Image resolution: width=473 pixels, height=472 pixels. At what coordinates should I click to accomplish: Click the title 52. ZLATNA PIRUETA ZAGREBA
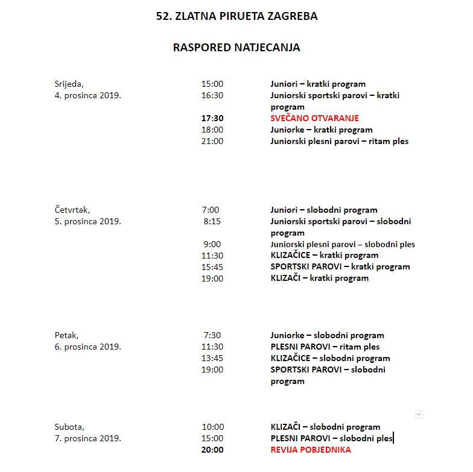pos(237,16)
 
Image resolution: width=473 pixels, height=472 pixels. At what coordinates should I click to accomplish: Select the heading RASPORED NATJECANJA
pos(237,47)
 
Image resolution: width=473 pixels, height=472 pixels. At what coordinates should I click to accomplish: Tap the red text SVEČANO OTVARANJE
pos(314,118)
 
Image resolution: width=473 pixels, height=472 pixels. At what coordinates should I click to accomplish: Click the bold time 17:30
pos(212,118)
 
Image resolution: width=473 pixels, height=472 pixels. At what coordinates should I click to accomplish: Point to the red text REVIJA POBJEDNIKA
pos(311,450)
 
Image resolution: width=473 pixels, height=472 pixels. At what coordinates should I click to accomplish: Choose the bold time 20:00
pos(212,450)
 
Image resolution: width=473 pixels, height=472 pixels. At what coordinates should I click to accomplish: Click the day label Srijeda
pos(69,84)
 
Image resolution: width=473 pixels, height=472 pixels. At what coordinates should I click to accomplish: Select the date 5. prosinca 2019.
pos(87,221)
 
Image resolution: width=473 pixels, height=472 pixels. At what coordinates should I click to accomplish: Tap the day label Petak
pos(66,335)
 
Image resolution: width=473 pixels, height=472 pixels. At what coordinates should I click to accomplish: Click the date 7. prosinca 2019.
pos(87,438)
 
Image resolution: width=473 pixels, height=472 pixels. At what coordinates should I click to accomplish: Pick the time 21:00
pos(212,141)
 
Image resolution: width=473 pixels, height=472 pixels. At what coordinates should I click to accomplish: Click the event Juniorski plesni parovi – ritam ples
pos(339,141)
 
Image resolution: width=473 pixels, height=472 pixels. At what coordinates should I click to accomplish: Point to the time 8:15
pos(212,221)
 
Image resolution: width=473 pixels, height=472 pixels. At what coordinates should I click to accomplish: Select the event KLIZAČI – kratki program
pos(319,278)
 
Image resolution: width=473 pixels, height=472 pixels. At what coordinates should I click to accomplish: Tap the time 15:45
pos(212,266)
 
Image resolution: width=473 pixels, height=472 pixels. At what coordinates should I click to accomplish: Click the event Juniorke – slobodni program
pos(327,335)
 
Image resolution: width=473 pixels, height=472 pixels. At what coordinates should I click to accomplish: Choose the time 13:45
pos(212,358)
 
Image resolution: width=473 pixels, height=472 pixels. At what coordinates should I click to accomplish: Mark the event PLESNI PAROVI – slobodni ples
pos(331,438)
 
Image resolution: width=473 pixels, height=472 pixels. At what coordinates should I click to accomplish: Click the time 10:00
pos(212,427)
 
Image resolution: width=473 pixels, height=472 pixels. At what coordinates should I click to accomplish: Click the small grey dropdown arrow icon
pos(419,414)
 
